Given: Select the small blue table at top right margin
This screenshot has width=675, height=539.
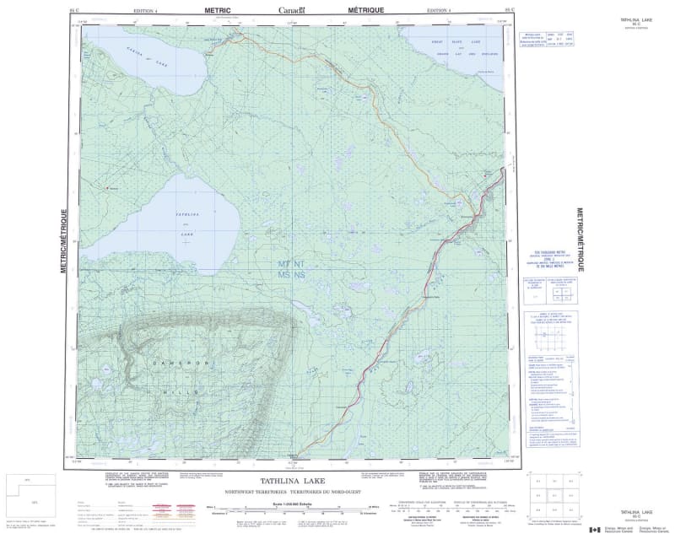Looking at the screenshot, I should [x=553, y=41].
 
